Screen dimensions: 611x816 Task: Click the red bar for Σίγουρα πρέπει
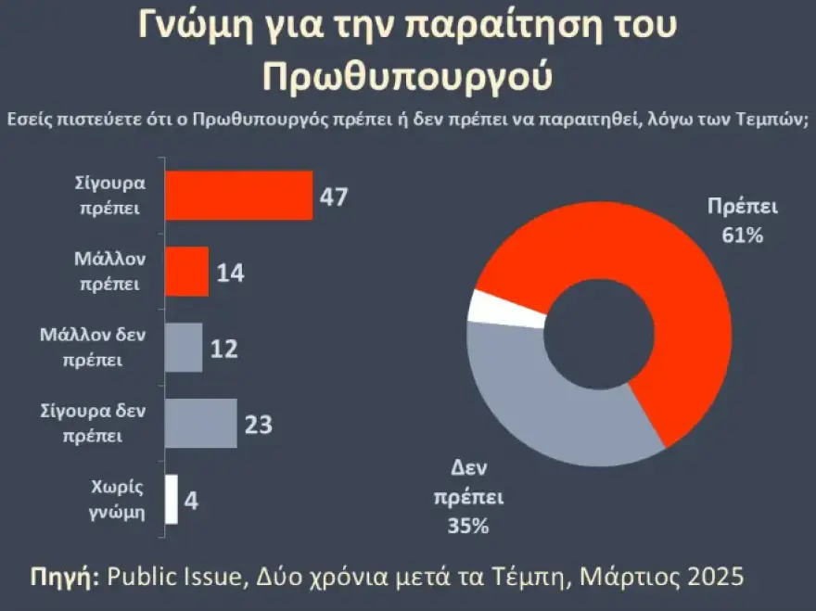coord(238,196)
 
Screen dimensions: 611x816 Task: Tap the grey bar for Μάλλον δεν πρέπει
coord(184,347)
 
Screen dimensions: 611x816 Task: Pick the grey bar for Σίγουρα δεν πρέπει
coord(200,423)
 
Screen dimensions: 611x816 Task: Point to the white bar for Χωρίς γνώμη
coord(172,499)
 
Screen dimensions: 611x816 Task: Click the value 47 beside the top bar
coord(333,197)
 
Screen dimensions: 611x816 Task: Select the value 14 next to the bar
coord(230,273)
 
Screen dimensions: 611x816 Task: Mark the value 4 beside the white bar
coord(191,501)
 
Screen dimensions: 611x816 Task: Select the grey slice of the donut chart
coord(547,408)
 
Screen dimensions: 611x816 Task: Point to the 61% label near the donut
coord(742,235)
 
